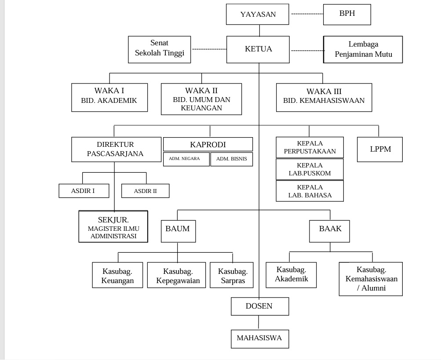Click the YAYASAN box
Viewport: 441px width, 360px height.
click(x=257, y=14)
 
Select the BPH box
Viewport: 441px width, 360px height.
click(x=347, y=15)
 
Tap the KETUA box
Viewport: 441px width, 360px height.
click(x=258, y=49)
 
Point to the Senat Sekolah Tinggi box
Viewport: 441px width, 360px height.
click(x=159, y=49)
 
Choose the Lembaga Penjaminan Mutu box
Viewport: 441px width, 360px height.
click(x=363, y=49)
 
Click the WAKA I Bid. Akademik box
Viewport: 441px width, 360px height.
click(x=109, y=97)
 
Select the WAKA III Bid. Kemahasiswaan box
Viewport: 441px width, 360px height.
click(x=324, y=97)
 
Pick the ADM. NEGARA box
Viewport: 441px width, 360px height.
click(x=186, y=159)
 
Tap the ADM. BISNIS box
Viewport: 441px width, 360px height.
click(x=231, y=159)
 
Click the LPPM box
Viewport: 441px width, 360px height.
click(x=380, y=149)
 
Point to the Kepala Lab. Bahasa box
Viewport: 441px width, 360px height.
click(x=310, y=191)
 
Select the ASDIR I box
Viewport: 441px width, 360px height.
click(x=84, y=191)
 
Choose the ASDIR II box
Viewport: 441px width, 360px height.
click(x=145, y=191)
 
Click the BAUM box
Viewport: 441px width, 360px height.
click(x=178, y=231)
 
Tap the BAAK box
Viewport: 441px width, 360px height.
click(x=329, y=231)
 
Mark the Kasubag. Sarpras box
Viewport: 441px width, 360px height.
click(x=231, y=275)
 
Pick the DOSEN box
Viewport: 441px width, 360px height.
click(x=260, y=306)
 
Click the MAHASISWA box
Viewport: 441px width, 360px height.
click(x=260, y=339)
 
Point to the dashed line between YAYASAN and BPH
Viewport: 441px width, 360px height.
click(x=307, y=14)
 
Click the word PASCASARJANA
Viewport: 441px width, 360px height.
click(x=115, y=153)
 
